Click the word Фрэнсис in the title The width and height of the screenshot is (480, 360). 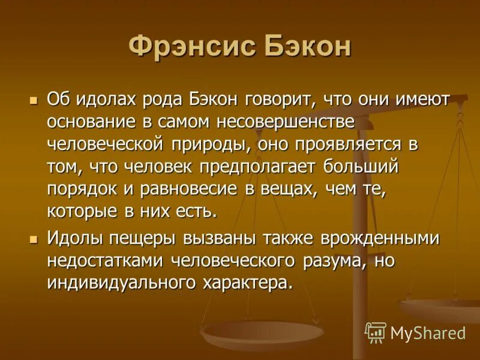[191, 47]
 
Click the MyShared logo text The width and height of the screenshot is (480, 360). [428, 332]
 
